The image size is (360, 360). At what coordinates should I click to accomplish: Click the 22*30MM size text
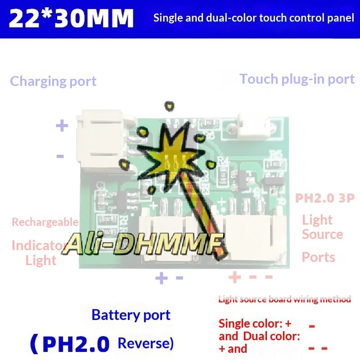[x=71, y=19]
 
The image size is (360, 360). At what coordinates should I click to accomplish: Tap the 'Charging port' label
[x=53, y=81]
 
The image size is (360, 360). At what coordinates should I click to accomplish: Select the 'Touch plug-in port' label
[x=297, y=79]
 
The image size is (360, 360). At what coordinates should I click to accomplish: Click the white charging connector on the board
[x=104, y=140]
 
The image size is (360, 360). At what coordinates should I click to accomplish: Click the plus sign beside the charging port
[x=62, y=126]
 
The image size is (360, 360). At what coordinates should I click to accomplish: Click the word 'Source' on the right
[x=322, y=234]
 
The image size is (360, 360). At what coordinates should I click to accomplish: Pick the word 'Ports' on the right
[x=318, y=257]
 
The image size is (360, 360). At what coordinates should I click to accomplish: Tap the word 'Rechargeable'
[x=45, y=222]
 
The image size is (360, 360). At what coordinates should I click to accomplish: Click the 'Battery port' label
[x=131, y=315]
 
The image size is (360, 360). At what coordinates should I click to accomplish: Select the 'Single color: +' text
[x=255, y=324]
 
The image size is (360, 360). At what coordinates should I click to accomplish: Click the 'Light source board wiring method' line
[x=284, y=299]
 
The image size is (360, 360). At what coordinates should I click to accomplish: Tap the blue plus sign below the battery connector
[x=161, y=278]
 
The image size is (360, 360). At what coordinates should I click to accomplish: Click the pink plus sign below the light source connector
[x=234, y=277]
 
